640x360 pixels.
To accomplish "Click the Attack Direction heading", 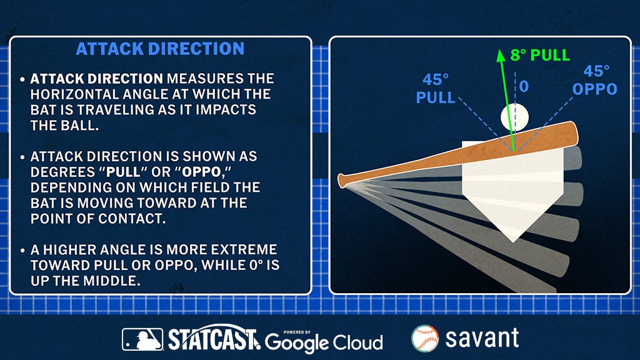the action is point(160,49).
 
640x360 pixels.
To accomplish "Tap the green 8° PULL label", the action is point(539,55).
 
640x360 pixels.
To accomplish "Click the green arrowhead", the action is point(500,56).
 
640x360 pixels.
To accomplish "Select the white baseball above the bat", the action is point(515,117).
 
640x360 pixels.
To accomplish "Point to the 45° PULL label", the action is point(436,89).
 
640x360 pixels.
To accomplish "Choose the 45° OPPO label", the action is point(595,81).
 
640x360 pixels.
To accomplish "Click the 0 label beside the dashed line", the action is point(524,86).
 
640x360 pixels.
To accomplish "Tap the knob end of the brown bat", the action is point(342,181).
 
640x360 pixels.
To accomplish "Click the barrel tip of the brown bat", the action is point(576,133).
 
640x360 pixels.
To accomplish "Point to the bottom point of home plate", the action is point(513,242).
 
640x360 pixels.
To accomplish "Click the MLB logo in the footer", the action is point(142,339).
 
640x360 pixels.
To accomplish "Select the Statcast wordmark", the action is point(214,338).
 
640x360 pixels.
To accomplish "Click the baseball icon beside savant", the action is point(425,338).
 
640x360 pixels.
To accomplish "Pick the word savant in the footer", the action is point(482,338).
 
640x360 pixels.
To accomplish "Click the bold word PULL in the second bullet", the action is point(123,172).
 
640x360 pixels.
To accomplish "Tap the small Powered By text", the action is point(297,332).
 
